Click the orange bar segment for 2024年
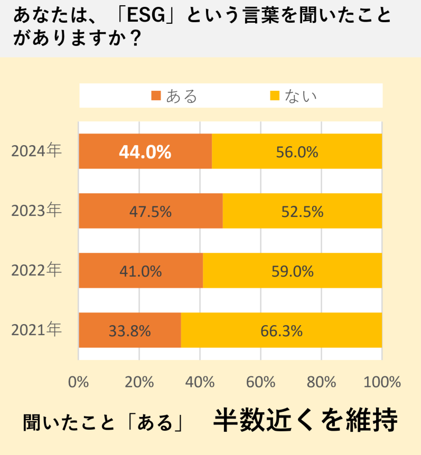(x=145, y=151)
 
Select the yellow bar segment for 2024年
(x=297, y=151)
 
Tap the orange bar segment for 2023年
(x=151, y=211)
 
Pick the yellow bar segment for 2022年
(x=292, y=271)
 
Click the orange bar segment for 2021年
(x=130, y=330)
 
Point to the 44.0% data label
(x=145, y=152)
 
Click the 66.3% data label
(x=282, y=331)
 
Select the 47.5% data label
(x=151, y=212)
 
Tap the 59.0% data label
(x=292, y=271)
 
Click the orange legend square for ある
(x=156, y=96)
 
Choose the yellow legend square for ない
(x=275, y=96)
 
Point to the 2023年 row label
(x=36, y=211)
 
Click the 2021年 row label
(x=36, y=330)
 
